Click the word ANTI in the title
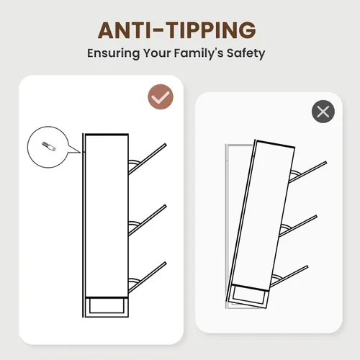point(125,30)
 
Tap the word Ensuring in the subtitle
point(113,53)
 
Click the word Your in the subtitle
point(157,53)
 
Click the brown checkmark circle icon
point(161,96)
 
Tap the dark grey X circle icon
point(323,112)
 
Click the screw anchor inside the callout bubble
point(49,146)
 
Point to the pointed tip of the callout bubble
point(81,153)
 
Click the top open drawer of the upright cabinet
point(147,158)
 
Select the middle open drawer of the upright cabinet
point(147,220)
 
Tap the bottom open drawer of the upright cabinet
point(147,277)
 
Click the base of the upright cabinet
point(107,307)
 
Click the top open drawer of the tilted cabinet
point(307,172)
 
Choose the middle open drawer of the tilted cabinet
point(298,226)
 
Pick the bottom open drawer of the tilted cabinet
point(289,276)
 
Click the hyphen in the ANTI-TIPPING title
point(158,30)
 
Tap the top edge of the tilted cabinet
point(275,143)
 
